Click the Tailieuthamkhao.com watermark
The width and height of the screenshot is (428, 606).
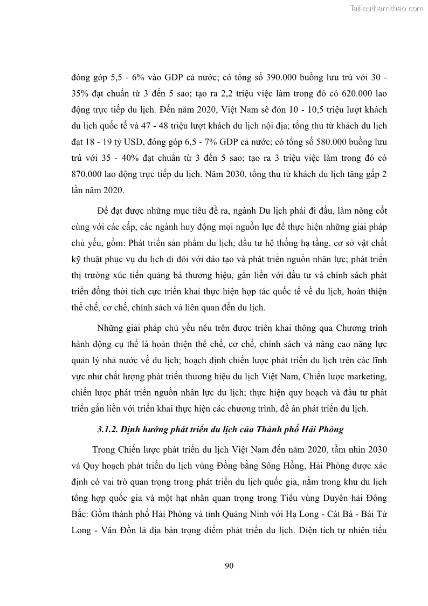tap(386, 8)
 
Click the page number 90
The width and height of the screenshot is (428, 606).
tap(228, 565)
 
